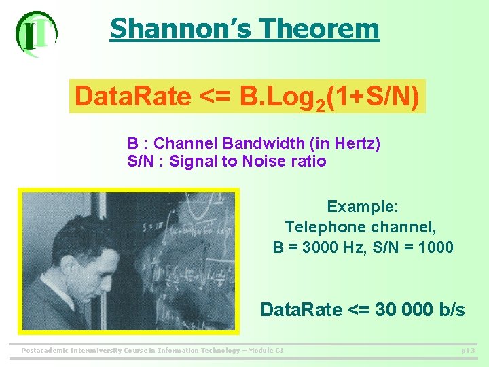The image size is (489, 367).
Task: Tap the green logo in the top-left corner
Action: point(36,32)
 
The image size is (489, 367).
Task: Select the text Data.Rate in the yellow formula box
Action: point(133,97)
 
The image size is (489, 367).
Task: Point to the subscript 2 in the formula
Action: point(318,103)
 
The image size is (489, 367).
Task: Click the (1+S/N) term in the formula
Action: point(372,97)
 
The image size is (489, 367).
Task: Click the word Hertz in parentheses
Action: point(353,144)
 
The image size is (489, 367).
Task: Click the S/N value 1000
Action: point(436,247)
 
